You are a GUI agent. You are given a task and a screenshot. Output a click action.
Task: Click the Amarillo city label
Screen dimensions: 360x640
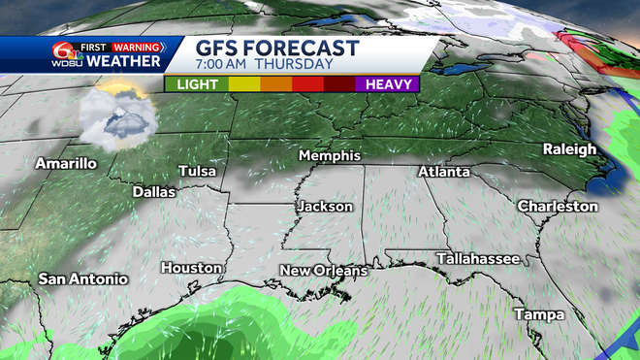coord(66,163)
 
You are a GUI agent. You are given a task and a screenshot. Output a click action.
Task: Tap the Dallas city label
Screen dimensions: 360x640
coord(154,192)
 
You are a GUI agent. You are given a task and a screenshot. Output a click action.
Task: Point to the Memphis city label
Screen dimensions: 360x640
coord(330,156)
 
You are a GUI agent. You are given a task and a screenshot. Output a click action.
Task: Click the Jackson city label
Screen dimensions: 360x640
coord(325,207)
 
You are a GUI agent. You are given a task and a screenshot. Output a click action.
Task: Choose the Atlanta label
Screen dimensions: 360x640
coord(443,172)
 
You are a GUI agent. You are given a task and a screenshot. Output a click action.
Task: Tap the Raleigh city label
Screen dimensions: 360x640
coord(569,149)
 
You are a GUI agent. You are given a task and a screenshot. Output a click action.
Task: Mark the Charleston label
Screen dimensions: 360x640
coord(558,207)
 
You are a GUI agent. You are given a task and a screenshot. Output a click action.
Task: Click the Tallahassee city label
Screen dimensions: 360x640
coord(477,258)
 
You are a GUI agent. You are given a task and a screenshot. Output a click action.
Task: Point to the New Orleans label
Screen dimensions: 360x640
coord(324,270)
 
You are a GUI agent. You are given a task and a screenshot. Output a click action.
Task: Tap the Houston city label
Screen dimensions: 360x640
coord(192,268)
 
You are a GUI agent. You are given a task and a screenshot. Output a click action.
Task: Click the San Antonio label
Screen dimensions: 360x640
coord(83,279)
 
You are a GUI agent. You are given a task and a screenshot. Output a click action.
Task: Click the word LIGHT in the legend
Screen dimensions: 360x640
coord(196,84)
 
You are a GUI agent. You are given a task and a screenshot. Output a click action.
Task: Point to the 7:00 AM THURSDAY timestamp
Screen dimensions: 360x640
coord(250,66)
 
